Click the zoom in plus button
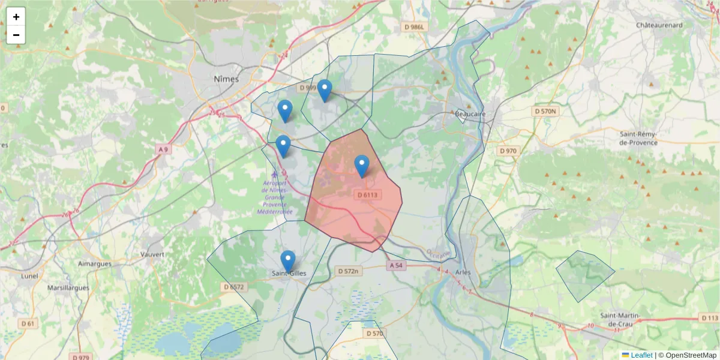pos(16,17)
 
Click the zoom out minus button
pos(16,35)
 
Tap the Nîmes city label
pos(226,79)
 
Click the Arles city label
pos(463,272)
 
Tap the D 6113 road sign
pos(367,194)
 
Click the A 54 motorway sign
pos(395,265)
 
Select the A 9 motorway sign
pos(163,149)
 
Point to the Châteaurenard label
pos(659,25)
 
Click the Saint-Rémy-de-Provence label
pos(638,139)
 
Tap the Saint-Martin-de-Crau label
pos(621,320)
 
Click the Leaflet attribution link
pos(641,355)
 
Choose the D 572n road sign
pos(348,271)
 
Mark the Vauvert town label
pos(152,254)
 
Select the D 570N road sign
pos(545,112)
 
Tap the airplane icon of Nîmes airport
pos(275,175)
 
